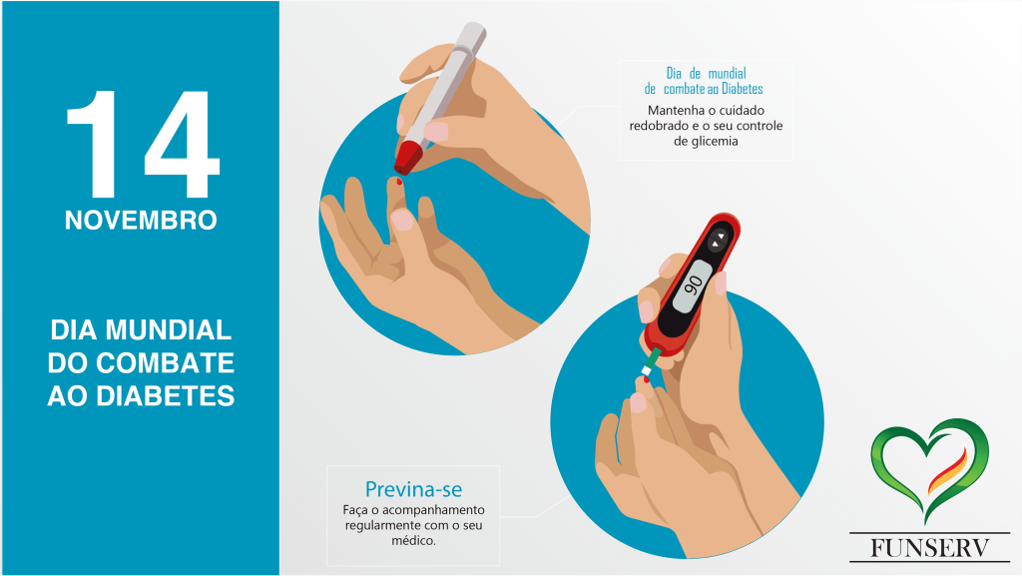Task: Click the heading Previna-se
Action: [413, 489]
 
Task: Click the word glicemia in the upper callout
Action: [706, 142]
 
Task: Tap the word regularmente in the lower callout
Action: [379, 525]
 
